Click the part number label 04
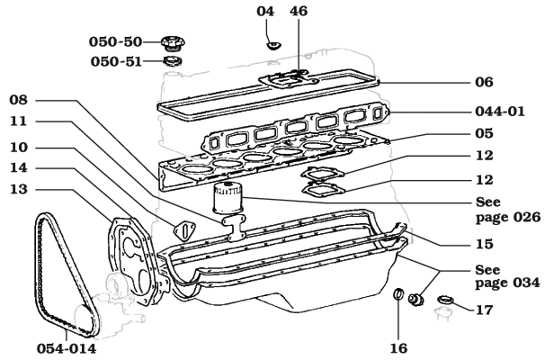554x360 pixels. (x=265, y=12)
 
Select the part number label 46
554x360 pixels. (x=299, y=12)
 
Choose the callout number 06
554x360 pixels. (x=485, y=81)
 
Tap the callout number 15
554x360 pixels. (x=485, y=243)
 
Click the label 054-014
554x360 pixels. (x=67, y=346)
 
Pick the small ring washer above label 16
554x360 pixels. (x=397, y=294)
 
